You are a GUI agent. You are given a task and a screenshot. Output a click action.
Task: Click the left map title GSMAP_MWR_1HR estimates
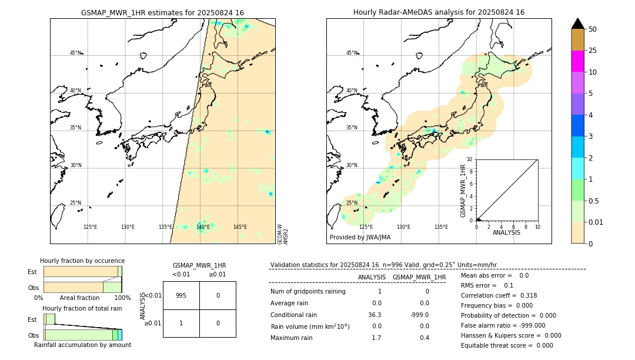pyautogui.click(x=162, y=12)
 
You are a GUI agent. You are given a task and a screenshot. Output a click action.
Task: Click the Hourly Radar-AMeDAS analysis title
pyautogui.click(x=439, y=12)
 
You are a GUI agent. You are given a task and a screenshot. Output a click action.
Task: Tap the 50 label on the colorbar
pyautogui.click(x=593, y=29)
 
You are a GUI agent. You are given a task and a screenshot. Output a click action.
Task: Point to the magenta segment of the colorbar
pyautogui.click(x=577, y=61)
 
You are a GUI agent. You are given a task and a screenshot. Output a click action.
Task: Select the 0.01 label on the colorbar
pyautogui.click(x=596, y=222)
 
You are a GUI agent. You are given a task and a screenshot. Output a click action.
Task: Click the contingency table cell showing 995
pyautogui.click(x=181, y=295)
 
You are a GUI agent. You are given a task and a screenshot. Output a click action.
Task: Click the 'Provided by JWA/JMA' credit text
pyautogui.click(x=360, y=237)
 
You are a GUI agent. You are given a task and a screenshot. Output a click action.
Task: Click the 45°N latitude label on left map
pyautogui.click(x=75, y=53)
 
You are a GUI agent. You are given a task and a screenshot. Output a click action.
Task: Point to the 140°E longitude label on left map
pyautogui.click(x=203, y=227)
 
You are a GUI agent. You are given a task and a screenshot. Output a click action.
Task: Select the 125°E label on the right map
pyautogui.click(x=366, y=227)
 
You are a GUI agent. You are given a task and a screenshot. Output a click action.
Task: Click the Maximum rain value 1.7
pyautogui.click(x=376, y=338)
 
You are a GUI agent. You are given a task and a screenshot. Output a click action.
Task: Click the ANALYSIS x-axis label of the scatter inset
pyautogui.click(x=507, y=232)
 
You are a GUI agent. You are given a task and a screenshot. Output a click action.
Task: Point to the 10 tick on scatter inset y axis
pyautogui.click(x=470, y=159)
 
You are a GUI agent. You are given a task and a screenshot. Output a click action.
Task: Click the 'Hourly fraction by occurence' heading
pyautogui.click(x=82, y=261)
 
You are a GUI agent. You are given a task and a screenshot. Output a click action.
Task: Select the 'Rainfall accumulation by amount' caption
pyautogui.click(x=82, y=345)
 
